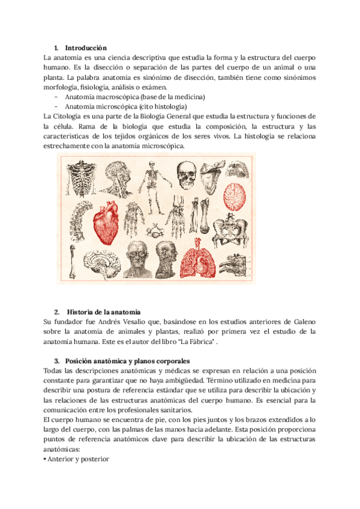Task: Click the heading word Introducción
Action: pos(85,47)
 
